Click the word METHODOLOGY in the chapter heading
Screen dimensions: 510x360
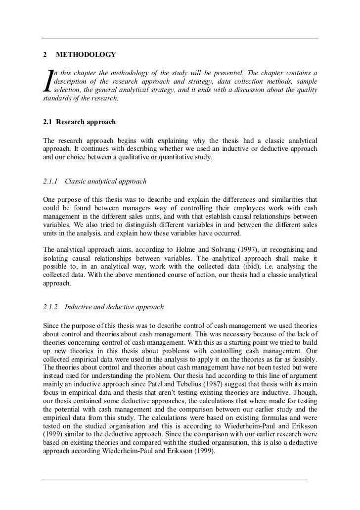point(86,54)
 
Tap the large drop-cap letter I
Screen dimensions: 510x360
point(47,82)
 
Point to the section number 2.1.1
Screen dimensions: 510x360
point(51,182)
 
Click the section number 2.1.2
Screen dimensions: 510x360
point(51,308)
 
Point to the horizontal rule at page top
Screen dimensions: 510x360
point(180,39)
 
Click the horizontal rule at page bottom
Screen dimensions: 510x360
point(174,478)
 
